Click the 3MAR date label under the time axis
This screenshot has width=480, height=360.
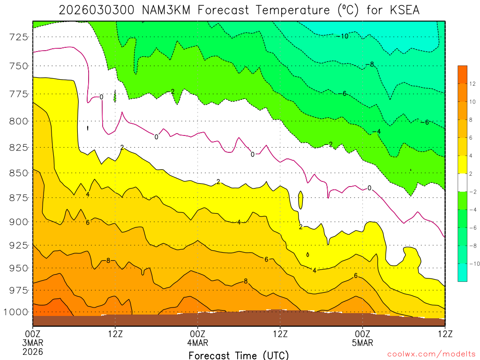point(32,343)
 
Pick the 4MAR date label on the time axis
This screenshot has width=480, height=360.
point(197,343)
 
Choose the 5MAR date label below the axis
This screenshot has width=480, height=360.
point(362,343)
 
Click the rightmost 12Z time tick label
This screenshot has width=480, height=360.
point(444,334)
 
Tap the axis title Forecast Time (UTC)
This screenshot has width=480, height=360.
point(239,355)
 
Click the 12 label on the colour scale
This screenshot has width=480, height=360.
point(473,83)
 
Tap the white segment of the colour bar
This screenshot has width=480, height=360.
point(462,182)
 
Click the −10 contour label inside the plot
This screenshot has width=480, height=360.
point(343,36)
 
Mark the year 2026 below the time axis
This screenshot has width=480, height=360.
point(32,351)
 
